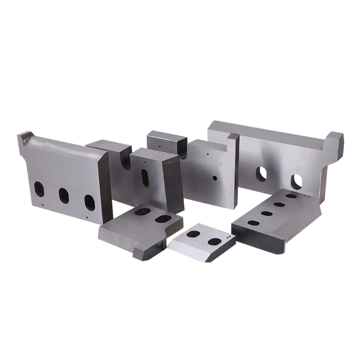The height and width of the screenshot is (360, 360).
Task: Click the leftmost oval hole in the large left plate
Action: (x=38, y=188)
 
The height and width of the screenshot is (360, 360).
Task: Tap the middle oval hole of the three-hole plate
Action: (x=64, y=195)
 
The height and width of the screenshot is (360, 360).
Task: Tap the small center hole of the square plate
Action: (x=215, y=178)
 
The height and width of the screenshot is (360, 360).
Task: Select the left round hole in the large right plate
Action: (x=261, y=173)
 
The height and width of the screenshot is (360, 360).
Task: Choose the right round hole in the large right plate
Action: (x=297, y=180)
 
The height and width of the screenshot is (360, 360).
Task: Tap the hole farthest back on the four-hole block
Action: (x=291, y=196)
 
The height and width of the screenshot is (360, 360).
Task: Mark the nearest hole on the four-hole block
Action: (x=253, y=223)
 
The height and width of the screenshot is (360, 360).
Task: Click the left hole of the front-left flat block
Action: (x=142, y=211)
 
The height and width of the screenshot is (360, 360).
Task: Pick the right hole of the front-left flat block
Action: (x=163, y=218)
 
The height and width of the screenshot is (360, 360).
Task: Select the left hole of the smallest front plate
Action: (x=193, y=234)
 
